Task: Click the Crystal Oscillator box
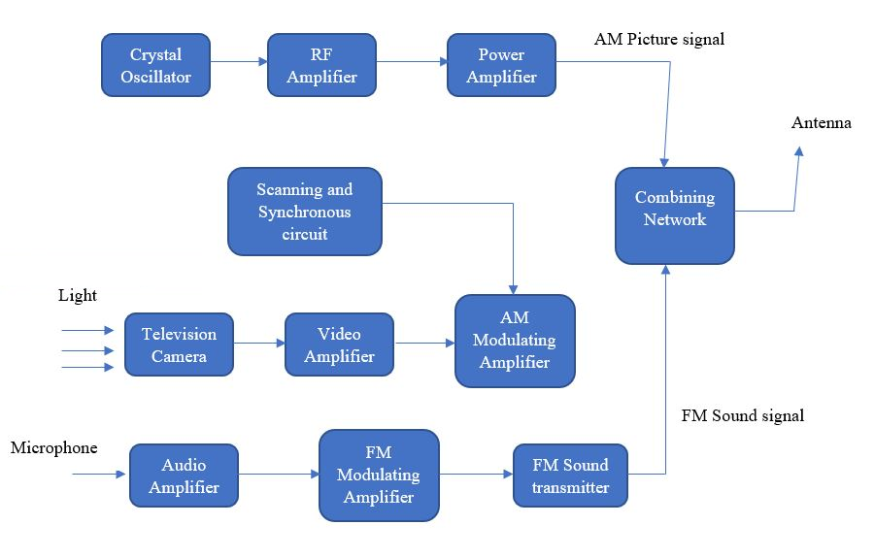click(x=156, y=65)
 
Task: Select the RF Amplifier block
click(x=321, y=65)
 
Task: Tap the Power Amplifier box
click(x=501, y=65)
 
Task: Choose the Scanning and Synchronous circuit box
click(x=305, y=212)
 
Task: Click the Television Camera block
click(x=180, y=345)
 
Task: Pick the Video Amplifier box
click(x=339, y=345)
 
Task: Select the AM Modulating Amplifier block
click(x=515, y=341)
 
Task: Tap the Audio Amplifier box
click(x=185, y=476)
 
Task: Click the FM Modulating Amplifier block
click(x=379, y=475)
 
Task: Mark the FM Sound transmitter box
click(x=570, y=476)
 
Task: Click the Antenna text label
click(x=821, y=123)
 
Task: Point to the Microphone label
click(x=54, y=447)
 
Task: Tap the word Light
click(x=78, y=295)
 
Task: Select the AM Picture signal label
click(x=659, y=40)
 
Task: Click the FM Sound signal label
click(x=743, y=415)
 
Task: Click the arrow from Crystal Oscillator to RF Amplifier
click(x=239, y=62)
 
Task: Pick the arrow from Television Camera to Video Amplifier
click(x=259, y=343)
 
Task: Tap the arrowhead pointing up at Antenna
click(x=798, y=151)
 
